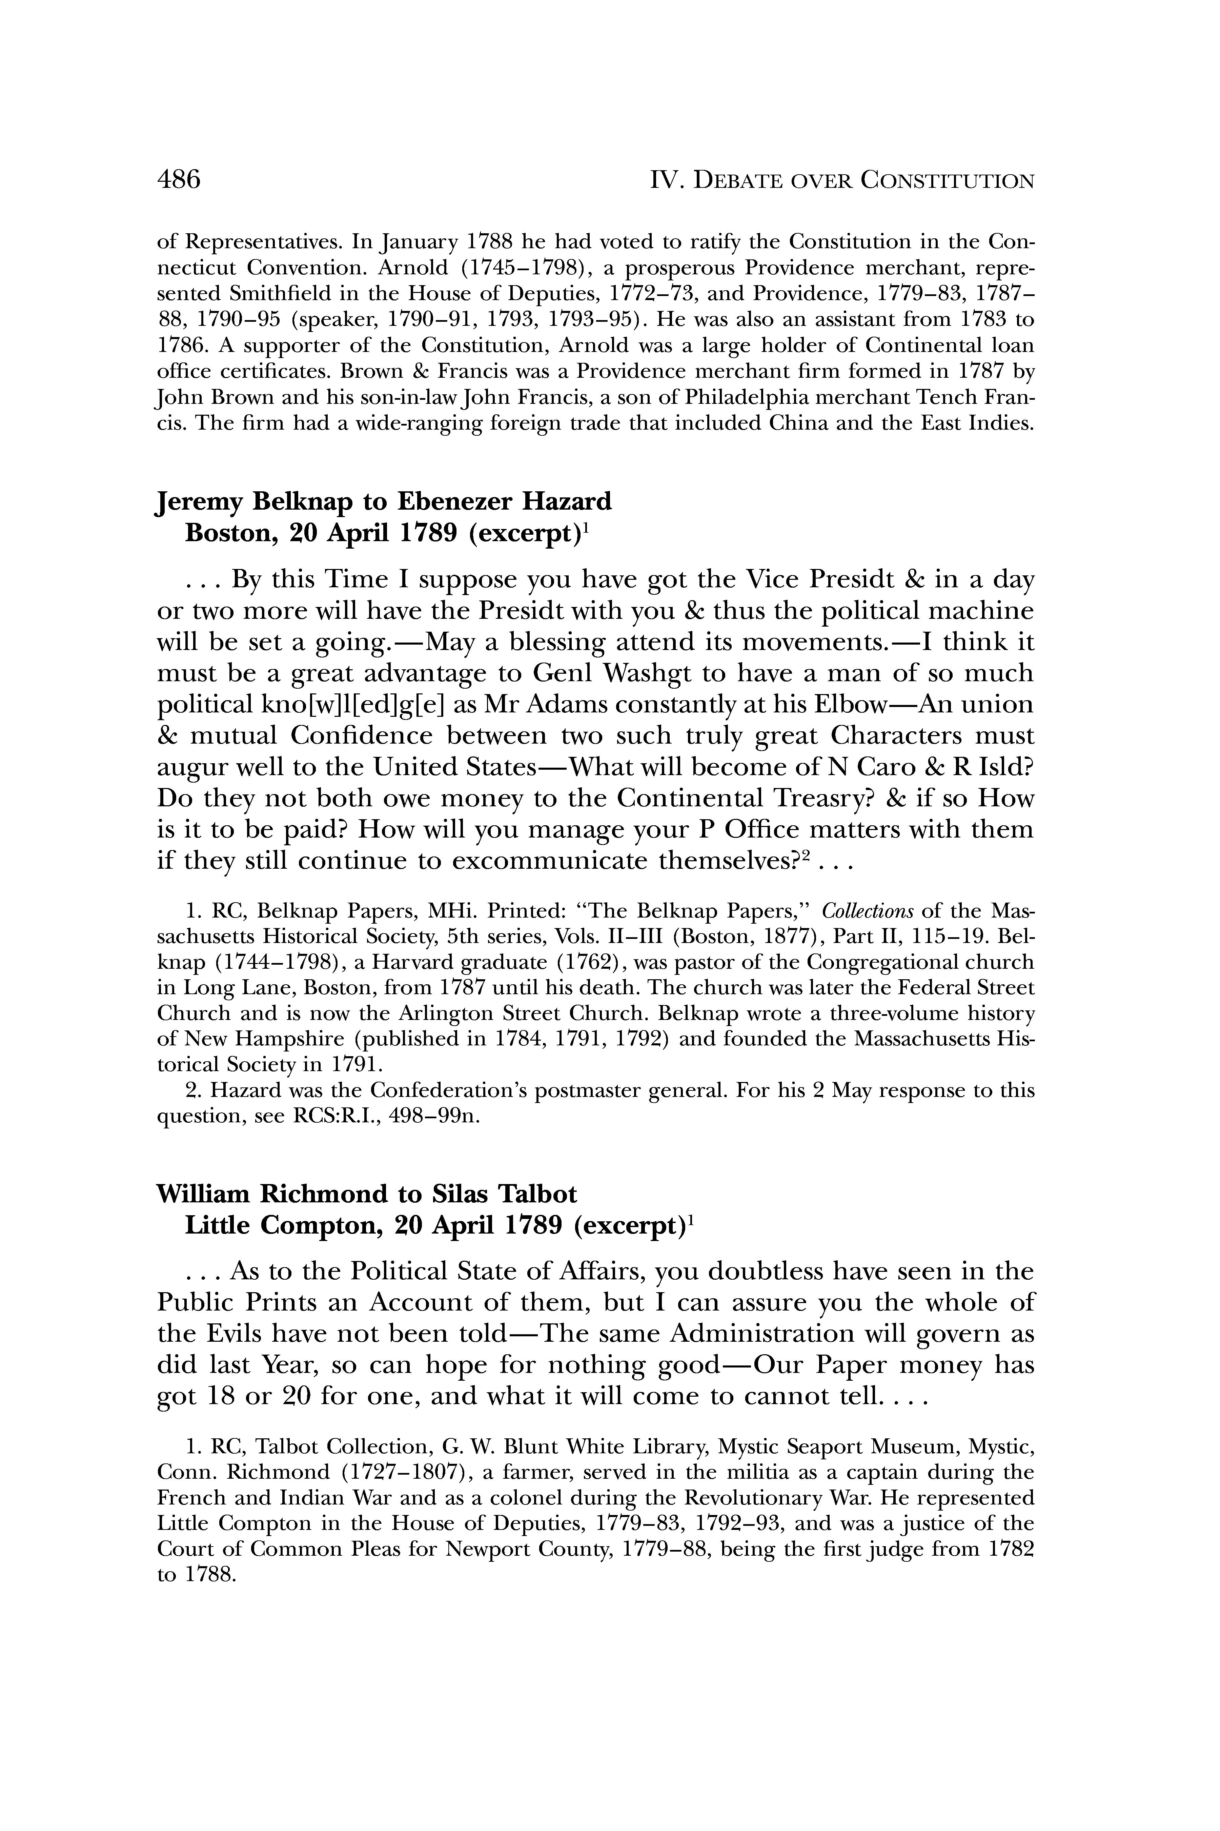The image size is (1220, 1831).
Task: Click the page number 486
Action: point(179,180)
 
